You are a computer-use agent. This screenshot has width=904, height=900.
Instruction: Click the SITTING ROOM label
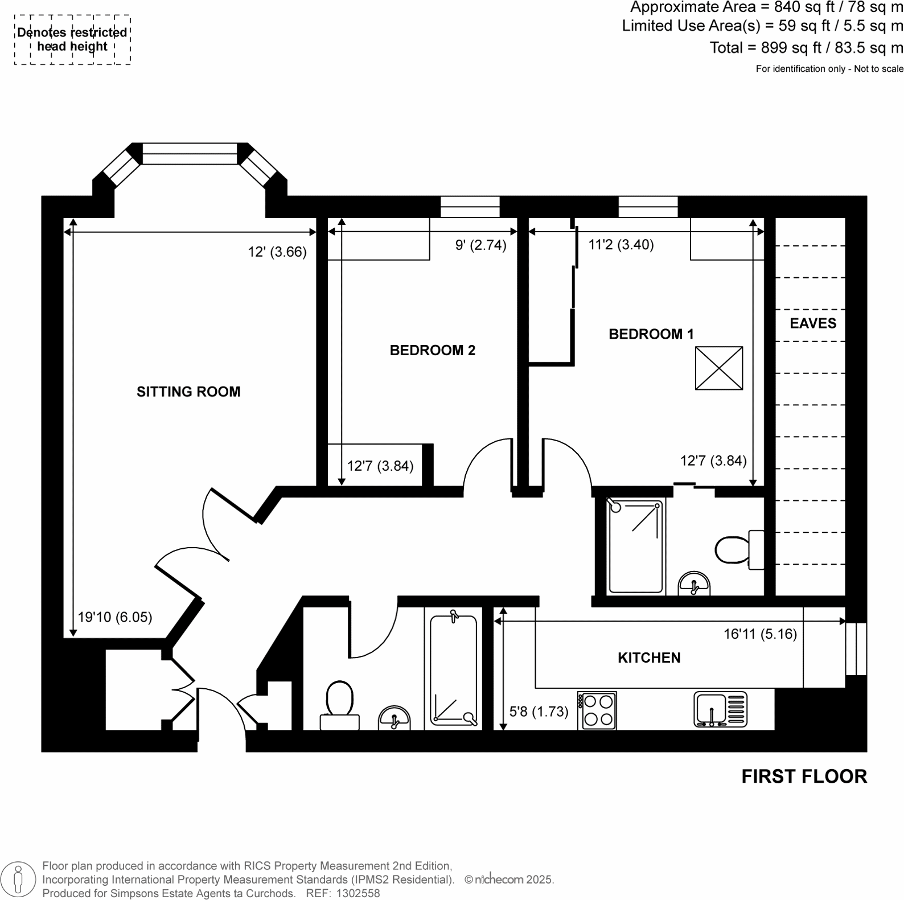(x=188, y=392)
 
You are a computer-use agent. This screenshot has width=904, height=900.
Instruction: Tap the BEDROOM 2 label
(x=432, y=350)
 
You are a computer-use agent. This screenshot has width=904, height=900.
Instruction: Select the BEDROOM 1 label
(x=651, y=334)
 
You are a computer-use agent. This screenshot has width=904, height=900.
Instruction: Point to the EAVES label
(x=813, y=323)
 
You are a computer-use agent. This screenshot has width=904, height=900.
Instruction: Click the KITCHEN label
(x=649, y=657)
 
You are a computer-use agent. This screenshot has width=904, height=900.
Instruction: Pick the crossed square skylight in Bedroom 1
(x=719, y=368)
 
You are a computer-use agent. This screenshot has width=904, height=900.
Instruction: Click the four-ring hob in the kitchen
(x=597, y=710)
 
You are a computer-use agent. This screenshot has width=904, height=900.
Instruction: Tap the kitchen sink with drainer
(x=720, y=710)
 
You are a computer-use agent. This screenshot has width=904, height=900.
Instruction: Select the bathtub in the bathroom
(x=453, y=670)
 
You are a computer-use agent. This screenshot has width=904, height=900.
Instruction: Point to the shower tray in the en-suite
(x=635, y=546)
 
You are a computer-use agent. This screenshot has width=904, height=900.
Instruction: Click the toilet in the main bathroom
(x=339, y=705)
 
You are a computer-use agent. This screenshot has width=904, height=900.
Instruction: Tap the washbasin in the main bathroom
(x=395, y=718)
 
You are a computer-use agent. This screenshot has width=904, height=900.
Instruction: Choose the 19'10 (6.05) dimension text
(x=115, y=617)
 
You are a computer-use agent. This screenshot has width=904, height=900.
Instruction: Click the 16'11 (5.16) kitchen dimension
(x=760, y=634)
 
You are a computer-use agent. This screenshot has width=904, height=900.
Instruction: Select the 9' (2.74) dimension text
(x=480, y=245)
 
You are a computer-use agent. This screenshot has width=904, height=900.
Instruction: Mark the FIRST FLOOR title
(x=804, y=776)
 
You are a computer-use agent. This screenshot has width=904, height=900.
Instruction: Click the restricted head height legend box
(x=72, y=40)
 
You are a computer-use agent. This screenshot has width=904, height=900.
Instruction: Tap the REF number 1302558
(x=358, y=893)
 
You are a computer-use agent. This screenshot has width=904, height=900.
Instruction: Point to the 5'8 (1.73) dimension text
(x=539, y=711)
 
